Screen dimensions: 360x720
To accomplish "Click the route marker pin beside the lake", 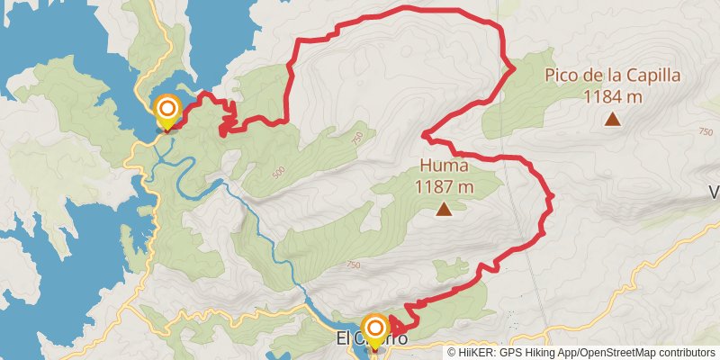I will [x=167, y=113].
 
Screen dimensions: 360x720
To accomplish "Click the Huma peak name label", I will [x=443, y=166].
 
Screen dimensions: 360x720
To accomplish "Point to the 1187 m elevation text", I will [x=444, y=186].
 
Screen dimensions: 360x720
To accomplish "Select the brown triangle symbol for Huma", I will [x=444, y=210].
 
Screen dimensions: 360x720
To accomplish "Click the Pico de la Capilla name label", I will [x=612, y=76].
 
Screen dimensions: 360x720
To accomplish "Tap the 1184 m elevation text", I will [x=612, y=96].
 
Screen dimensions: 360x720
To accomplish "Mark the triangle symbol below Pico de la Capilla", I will [x=613, y=119].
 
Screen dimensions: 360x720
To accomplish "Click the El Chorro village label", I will [x=371, y=339].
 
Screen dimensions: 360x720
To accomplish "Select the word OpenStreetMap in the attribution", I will [x=615, y=352].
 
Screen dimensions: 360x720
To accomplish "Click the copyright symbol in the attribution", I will [x=452, y=352].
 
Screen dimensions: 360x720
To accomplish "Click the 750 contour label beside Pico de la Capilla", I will [x=706, y=131].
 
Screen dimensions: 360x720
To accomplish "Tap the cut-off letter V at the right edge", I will [x=715, y=192].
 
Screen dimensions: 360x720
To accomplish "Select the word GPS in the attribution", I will [x=511, y=352].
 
